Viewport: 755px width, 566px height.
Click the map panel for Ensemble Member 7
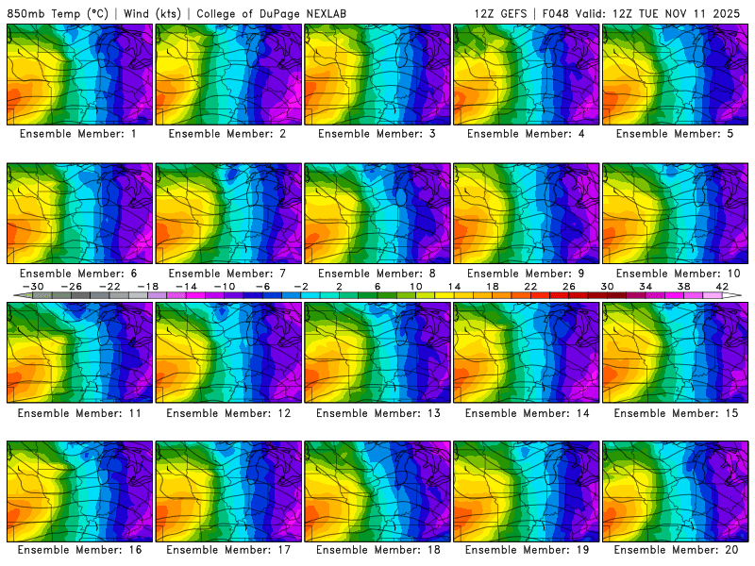click(228, 214)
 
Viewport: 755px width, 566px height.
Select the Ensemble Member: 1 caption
click(79, 134)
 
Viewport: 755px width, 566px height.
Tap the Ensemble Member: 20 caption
click(676, 549)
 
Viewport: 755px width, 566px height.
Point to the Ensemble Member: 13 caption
click(377, 413)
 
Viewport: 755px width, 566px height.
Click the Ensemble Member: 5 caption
click(676, 134)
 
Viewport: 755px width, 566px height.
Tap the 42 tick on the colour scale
click(722, 286)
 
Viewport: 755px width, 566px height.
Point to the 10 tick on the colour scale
click(415, 286)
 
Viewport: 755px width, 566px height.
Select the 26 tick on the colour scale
click(568, 286)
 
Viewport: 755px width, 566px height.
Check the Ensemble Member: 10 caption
click(676, 274)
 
